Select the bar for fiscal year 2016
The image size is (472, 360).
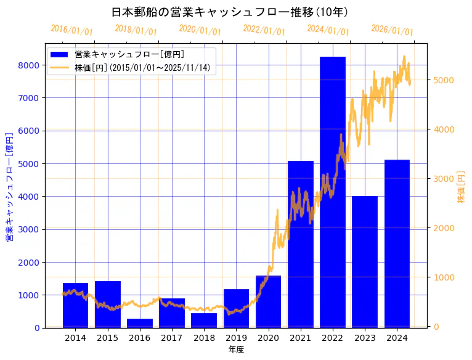pos(140,323)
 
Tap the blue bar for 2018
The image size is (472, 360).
pos(204,321)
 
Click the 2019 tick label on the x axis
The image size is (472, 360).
pos(236,338)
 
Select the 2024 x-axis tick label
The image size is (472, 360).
pos(397,338)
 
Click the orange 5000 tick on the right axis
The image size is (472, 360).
pos(444,80)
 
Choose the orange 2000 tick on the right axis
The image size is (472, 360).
pos(444,228)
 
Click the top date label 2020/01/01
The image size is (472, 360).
pos(200,30)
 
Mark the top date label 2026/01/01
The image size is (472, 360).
pos(392,30)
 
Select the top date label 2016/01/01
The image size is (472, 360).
pos(71,30)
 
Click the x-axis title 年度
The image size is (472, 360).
pos(236,350)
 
